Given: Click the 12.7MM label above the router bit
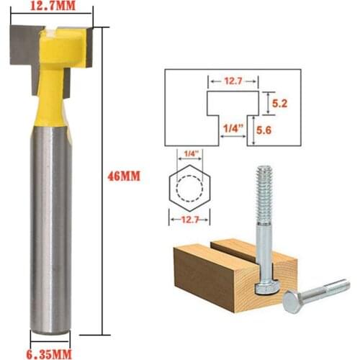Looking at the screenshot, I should point(51,7).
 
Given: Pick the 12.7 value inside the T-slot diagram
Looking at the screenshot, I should point(233,83).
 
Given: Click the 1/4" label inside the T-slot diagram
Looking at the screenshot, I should point(232,128).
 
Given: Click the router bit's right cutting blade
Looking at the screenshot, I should point(81,45).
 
